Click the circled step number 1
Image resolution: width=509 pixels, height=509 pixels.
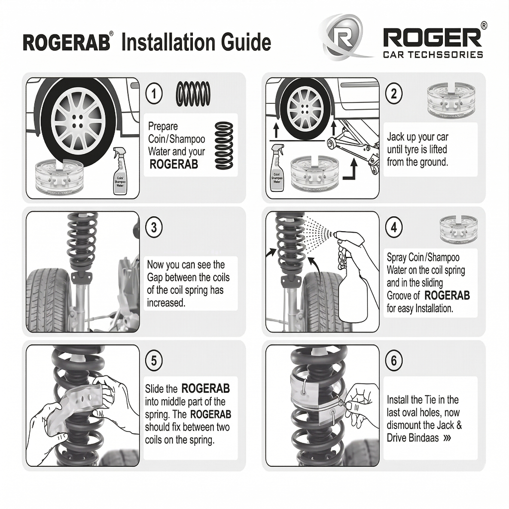154,93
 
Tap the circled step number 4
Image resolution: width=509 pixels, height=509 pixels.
394,227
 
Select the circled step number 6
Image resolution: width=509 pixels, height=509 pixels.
394,361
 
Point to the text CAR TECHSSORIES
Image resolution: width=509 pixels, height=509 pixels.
432,54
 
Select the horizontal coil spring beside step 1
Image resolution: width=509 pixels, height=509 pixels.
194,93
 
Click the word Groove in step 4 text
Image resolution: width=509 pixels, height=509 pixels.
403,296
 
